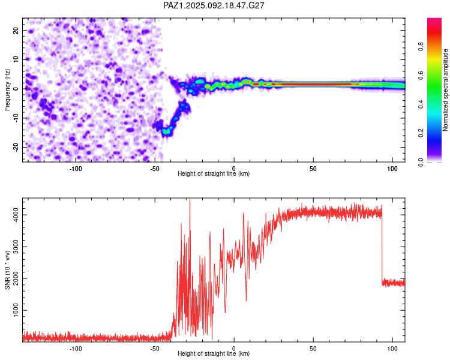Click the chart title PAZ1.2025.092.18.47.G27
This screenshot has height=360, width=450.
pyautogui.click(x=214, y=5)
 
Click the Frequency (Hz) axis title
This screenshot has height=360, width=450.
pyautogui.click(x=7, y=90)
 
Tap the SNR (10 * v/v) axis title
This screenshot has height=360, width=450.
pyautogui.click(x=7, y=270)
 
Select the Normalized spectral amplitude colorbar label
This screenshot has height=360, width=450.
pyautogui.click(x=445, y=90)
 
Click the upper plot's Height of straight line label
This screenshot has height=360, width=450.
pyautogui.click(x=214, y=173)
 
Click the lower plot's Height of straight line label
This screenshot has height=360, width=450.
pyautogui.click(x=214, y=353)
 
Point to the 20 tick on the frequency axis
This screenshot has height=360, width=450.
pyautogui.click(x=16, y=30)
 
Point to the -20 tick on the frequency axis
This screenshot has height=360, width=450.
pyautogui.click(x=16, y=147)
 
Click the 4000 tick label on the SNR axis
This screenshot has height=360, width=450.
pyautogui.click(x=16, y=215)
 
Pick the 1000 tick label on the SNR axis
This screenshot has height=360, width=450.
pyautogui.click(x=16, y=310)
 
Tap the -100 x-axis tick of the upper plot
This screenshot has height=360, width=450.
pyautogui.click(x=76, y=169)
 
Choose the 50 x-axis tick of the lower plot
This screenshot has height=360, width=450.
pyautogui.click(x=313, y=349)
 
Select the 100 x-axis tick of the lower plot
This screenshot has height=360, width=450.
pyautogui.click(x=392, y=349)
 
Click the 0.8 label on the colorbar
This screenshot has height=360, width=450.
pyautogui.click(x=421, y=46)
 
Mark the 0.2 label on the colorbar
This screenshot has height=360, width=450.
pyautogui.click(x=421, y=133)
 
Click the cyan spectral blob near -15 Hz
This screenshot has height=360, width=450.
pyautogui.click(x=166, y=131)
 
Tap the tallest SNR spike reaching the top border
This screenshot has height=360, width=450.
pyautogui.click(x=190, y=218)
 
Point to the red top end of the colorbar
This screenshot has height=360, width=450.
pyautogui.click(x=434, y=20)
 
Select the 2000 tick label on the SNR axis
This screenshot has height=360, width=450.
pyautogui.click(x=16, y=278)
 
